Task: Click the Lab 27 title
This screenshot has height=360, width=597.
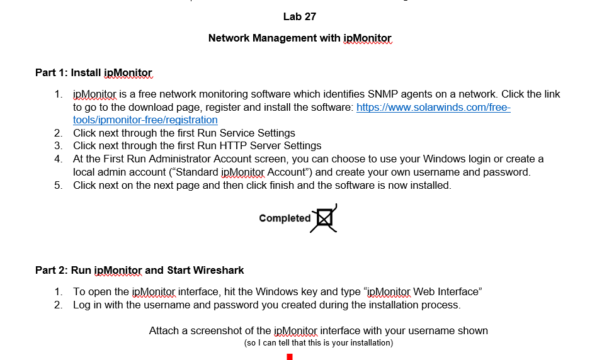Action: point(299,16)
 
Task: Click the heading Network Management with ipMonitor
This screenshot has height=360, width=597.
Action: point(300,38)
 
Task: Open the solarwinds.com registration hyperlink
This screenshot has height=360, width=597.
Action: point(433,108)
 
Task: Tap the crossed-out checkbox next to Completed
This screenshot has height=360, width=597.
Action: point(324,218)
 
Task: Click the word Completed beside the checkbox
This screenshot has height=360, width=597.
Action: point(285,218)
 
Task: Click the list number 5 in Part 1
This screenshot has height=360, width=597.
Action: point(58,186)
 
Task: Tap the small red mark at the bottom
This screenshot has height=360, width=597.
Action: point(290,357)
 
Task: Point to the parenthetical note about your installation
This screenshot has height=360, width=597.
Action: point(318,343)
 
